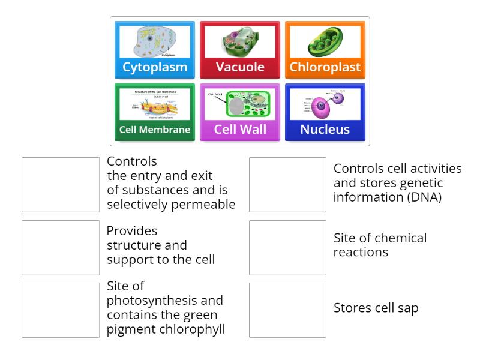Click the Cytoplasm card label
155,67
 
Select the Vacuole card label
240,67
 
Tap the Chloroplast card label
325,67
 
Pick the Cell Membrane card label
155,130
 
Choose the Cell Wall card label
240,130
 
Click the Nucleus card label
325,130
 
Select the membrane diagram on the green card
155,104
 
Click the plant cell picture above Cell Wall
240,104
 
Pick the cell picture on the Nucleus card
325,104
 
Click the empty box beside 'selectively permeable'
61,185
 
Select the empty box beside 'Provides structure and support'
61,247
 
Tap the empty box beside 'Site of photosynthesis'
61,310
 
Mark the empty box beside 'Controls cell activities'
287,185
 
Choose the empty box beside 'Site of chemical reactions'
287,247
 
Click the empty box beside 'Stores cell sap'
287,310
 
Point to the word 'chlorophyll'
192,329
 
